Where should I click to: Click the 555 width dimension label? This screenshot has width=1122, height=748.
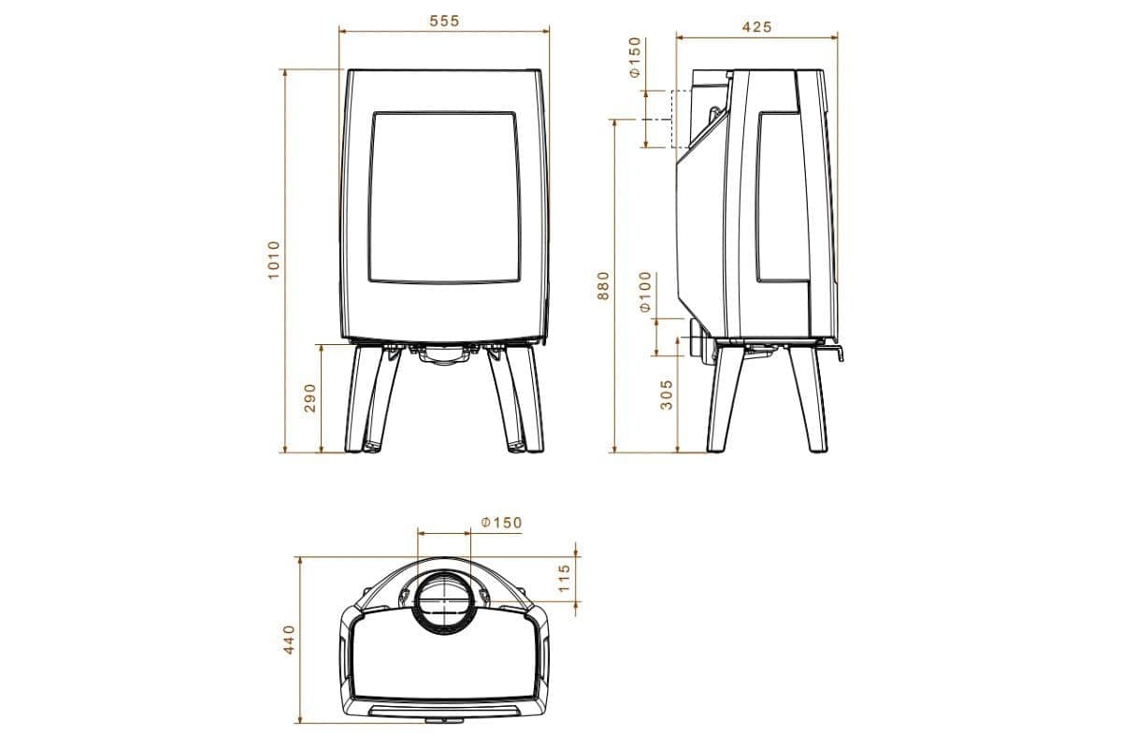[x=444, y=21]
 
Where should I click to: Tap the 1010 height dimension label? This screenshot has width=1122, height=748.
[x=273, y=262]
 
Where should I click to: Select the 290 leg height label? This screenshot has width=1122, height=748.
[x=310, y=397]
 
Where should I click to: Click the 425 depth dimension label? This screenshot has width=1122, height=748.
[x=756, y=27]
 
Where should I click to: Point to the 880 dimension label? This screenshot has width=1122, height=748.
[x=603, y=285]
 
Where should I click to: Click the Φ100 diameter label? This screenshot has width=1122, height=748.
[x=645, y=293]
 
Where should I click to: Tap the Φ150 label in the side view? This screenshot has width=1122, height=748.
[x=635, y=58]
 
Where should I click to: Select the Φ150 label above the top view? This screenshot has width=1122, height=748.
[x=501, y=523]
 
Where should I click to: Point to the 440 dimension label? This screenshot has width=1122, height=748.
[x=290, y=639]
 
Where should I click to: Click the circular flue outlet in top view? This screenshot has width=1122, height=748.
[x=444, y=603]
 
